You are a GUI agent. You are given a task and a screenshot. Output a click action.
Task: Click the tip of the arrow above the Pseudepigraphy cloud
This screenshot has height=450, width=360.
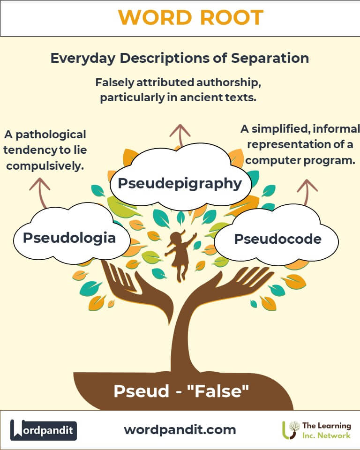[x=180, y=125]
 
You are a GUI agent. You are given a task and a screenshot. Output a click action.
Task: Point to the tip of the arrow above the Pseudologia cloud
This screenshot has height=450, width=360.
[x=40, y=178]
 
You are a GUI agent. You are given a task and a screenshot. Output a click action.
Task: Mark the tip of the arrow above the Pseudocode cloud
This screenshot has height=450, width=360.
[x=307, y=180]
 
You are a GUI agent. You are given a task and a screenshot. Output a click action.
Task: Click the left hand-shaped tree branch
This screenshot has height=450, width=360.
[x=137, y=287]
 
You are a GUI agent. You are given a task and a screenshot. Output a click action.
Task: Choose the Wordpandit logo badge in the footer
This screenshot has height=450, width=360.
[x=43, y=430]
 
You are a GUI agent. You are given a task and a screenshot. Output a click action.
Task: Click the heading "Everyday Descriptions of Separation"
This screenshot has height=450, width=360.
[x=180, y=58]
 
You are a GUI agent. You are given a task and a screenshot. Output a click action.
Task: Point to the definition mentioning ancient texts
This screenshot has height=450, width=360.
[x=178, y=90]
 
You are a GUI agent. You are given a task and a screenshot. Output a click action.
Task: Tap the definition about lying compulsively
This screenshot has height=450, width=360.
[x=45, y=150]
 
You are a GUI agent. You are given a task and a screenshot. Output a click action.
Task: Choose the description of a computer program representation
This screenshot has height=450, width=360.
[x=300, y=144]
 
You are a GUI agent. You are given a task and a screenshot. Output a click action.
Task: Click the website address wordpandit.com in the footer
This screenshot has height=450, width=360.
[x=180, y=430]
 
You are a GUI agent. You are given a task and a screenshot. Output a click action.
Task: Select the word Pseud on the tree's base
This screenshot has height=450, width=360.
[x=142, y=391]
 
